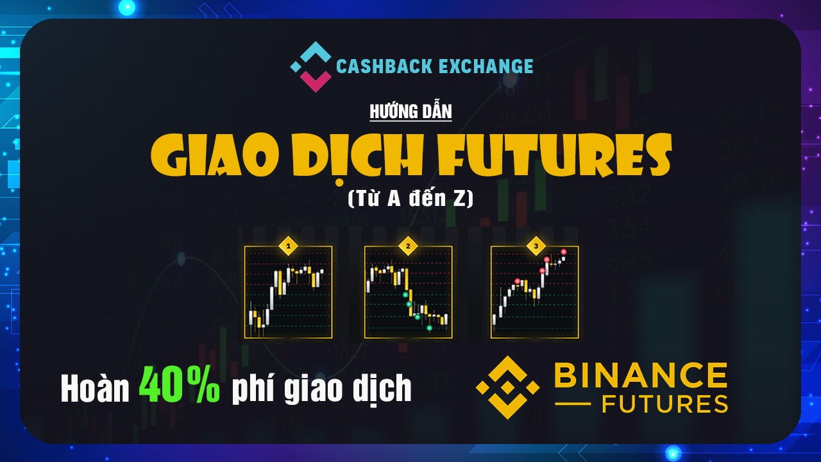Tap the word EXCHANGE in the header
coord(486,66)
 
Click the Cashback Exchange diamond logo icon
coord(311,66)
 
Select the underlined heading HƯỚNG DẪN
coord(411,112)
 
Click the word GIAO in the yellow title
coord(215,155)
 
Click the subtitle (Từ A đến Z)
coord(410,198)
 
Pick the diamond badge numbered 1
coord(289,246)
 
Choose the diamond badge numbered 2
coord(408,246)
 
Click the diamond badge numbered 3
coord(536,246)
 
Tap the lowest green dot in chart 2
coord(429,328)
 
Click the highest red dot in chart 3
coord(564,252)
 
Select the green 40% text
coord(179,384)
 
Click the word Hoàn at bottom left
coord(94,388)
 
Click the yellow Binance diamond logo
coord(507,388)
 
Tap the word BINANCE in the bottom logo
coord(641,375)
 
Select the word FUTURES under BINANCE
coord(664,404)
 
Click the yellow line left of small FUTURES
coord(573,404)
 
